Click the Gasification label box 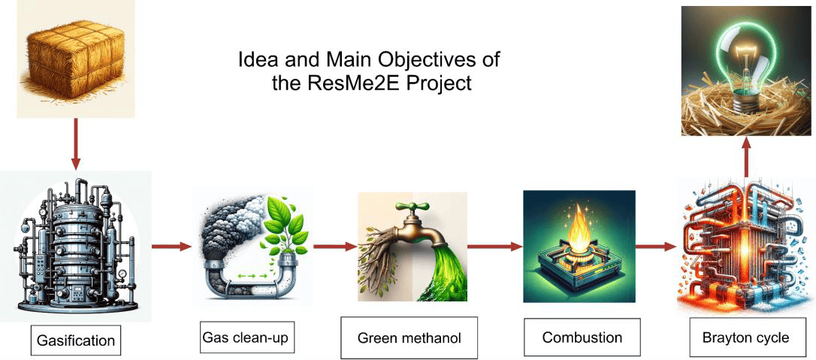pos(76,340)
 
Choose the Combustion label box pos(582,337)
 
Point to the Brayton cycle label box pos(745,337)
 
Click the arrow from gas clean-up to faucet pos(334,246)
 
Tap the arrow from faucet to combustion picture pos(495,246)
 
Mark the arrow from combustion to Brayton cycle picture pos(657,246)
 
